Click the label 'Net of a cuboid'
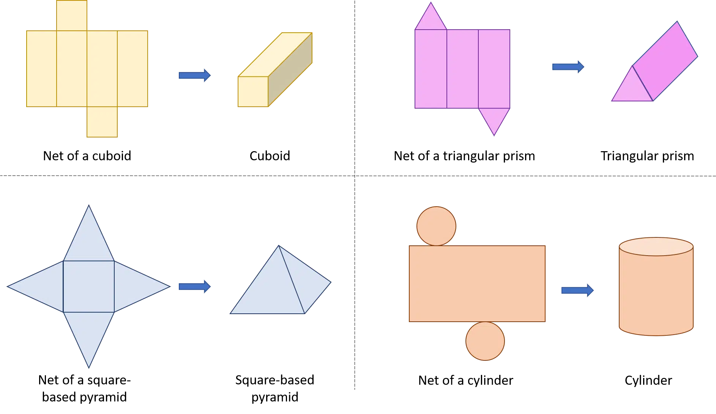tap(87, 156)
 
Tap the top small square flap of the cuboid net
tap(72, 16)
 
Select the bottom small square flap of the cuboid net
tap(102, 122)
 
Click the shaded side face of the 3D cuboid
tap(290, 70)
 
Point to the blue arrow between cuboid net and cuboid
tap(195, 75)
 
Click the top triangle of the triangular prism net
tap(431, 19)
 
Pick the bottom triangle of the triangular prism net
tap(494, 119)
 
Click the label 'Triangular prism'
tap(647, 156)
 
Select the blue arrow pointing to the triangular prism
tap(568, 67)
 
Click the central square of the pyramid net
tap(89, 287)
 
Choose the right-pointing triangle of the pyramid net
tap(137, 287)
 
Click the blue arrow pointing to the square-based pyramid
tap(195, 286)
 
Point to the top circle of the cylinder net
tap(436, 226)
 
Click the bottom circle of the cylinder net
tap(485, 341)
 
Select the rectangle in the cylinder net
tap(477, 284)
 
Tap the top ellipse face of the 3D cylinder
tap(656, 247)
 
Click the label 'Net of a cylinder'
tap(466, 380)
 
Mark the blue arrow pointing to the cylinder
tap(577, 290)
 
